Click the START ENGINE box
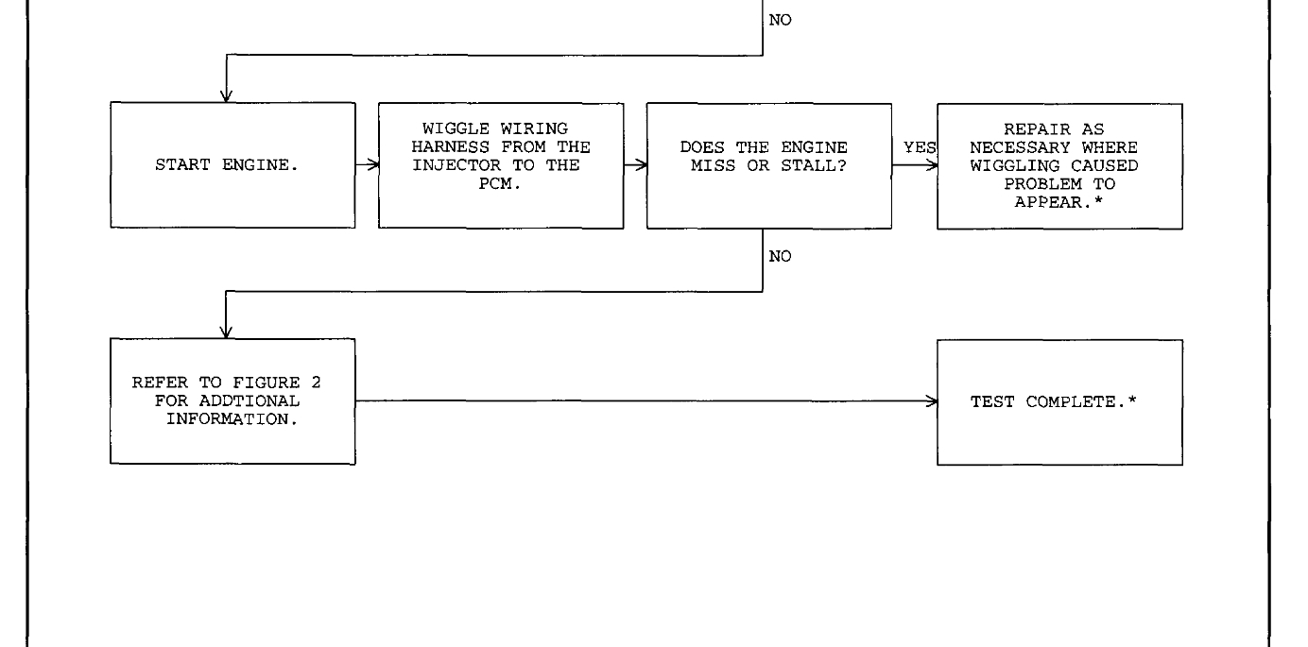(232, 165)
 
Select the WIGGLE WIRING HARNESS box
(501, 165)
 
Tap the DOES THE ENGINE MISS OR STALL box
(769, 165)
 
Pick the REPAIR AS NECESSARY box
(1059, 165)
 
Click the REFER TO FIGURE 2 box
(232, 401)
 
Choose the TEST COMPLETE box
(1059, 401)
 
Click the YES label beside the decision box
(915, 148)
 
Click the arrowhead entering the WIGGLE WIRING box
(373, 165)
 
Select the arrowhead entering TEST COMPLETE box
(932, 401)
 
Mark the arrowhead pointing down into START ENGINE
(226, 95)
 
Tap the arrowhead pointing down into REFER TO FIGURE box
(226, 332)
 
